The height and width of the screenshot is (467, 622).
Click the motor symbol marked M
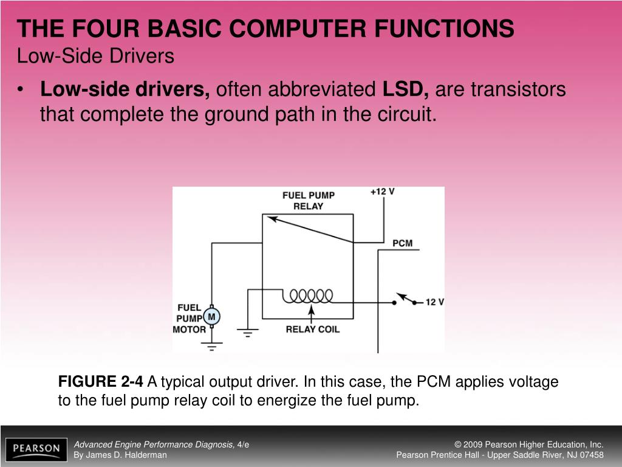coord(212,316)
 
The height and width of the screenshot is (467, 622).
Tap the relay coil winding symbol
coord(311,296)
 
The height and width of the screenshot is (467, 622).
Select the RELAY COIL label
coord(313,330)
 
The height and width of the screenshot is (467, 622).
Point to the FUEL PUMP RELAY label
coord(309,201)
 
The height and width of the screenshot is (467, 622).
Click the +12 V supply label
coord(383,192)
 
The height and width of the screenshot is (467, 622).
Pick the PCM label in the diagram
coord(402,243)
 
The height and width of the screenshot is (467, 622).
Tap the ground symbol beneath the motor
coord(211,347)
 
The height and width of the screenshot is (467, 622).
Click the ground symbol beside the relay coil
coord(247,332)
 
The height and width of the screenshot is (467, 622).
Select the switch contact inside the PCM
coord(406,300)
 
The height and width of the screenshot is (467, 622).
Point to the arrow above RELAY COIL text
coord(312,314)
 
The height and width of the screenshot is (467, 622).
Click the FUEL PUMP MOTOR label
coord(189,318)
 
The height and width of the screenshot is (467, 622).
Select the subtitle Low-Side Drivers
coord(95,57)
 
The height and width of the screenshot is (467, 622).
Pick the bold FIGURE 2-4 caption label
coord(101,382)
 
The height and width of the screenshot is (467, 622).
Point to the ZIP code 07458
coord(591,455)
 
